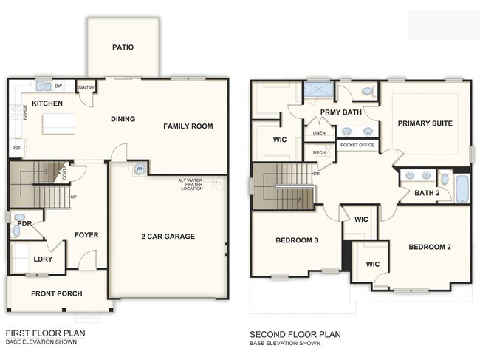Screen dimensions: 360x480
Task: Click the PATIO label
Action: (123, 47)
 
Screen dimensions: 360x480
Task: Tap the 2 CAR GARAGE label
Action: (168, 237)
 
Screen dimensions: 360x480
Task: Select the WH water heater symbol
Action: (139, 169)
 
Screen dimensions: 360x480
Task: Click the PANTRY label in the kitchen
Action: (86, 86)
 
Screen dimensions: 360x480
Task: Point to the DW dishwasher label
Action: (58, 86)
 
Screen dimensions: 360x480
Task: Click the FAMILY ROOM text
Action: (188, 126)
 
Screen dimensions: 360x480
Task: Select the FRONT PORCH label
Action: (56, 293)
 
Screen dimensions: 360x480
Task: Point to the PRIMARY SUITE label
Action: (425, 123)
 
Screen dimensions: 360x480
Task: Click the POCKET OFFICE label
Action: (356, 146)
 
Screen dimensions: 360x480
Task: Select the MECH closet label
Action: (319, 153)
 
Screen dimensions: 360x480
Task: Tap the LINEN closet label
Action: (319, 133)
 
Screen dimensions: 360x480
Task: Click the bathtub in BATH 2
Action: (462, 189)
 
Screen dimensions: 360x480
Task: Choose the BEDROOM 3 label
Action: (296, 241)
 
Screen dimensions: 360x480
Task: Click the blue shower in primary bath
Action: (319, 92)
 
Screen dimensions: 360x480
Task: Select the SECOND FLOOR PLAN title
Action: (295, 334)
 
